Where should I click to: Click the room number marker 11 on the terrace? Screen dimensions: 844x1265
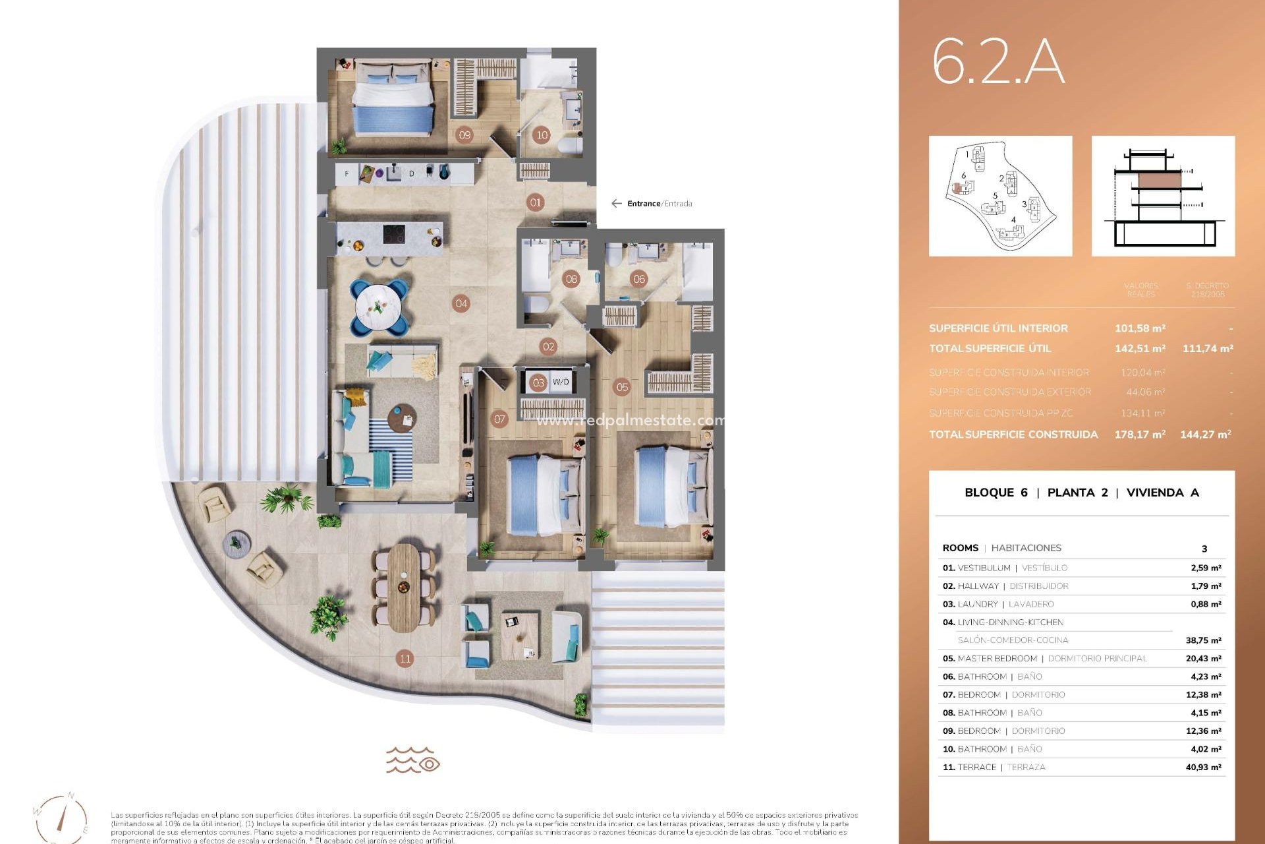click(x=405, y=658)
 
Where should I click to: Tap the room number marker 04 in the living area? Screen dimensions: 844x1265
click(x=461, y=304)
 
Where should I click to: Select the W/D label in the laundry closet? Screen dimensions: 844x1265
click(x=561, y=382)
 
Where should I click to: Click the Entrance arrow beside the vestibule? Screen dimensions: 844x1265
click(x=617, y=204)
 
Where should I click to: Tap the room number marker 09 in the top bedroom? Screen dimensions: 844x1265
click(x=464, y=135)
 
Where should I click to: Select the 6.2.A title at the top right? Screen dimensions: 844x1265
click(x=998, y=63)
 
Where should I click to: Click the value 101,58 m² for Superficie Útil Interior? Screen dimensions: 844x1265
click(x=1140, y=328)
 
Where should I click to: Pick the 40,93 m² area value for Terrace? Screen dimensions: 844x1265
click(x=1203, y=768)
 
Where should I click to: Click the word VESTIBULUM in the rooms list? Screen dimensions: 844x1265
click(x=984, y=568)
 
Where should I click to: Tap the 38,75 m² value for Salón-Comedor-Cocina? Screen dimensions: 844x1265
click(x=1203, y=640)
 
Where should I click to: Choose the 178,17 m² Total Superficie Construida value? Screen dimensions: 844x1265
click(x=1140, y=435)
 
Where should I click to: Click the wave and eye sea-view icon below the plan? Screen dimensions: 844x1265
click(x=413, y=760)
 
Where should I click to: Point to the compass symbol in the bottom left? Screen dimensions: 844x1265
click(x=61, y=818)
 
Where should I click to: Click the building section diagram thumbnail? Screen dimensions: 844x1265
click(x=1163, y=196)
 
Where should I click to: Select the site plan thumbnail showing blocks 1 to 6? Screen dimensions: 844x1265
click(x=1000, y=196)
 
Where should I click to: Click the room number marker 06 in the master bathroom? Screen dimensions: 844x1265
click(x=638, y=279)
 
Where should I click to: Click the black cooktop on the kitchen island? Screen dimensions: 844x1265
click(x=394, y=234)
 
